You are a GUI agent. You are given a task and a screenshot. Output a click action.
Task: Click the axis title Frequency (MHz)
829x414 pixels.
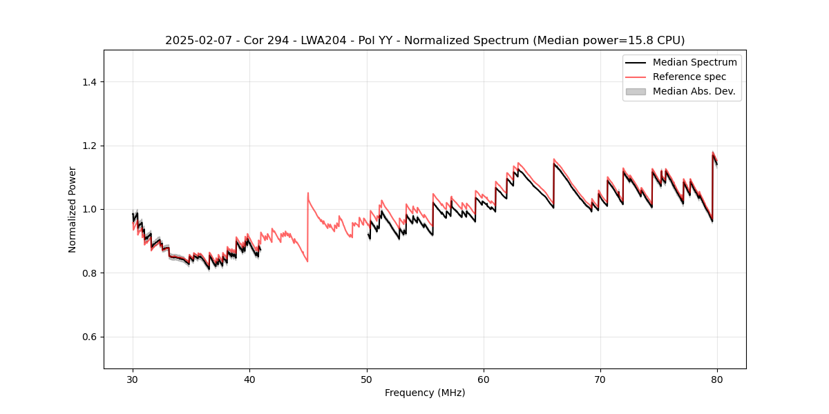tap(425, 393)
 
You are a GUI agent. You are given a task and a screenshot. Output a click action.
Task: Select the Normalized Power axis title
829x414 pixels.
tap(72, 209)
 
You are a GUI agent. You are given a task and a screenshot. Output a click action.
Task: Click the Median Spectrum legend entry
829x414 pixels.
tap(694, 62)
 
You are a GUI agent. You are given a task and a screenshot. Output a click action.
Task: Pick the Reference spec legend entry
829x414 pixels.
tap(689, 77)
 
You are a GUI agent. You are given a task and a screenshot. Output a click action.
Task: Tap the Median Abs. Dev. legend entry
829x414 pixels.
tap(694, 91)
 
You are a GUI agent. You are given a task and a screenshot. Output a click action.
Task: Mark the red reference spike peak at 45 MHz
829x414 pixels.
tap(308, 193)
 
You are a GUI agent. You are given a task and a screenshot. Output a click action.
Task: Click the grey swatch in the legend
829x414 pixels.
tap(636, 91)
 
